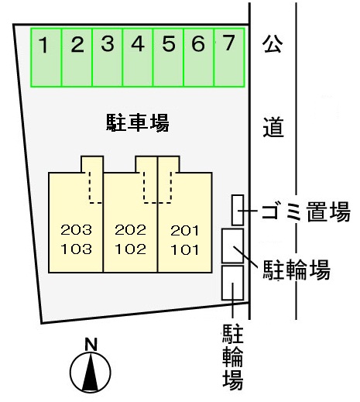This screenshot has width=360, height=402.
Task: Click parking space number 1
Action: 46,57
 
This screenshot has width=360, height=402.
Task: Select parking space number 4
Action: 138,57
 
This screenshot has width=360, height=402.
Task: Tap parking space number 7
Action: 229,57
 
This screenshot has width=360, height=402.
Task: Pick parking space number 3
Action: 108,57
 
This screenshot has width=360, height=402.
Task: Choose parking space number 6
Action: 199,57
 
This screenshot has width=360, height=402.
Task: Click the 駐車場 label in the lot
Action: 138,123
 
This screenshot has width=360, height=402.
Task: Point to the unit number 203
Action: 76,230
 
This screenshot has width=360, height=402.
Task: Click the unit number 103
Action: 76,249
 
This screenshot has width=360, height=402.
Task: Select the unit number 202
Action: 130,230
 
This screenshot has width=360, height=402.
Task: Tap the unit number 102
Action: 130,249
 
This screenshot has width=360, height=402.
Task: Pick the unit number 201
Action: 185,230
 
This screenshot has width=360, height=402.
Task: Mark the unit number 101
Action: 185,249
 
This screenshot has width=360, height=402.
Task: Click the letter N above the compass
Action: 91,345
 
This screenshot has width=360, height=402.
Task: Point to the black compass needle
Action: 91,373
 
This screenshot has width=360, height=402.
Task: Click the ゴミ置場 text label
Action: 306,211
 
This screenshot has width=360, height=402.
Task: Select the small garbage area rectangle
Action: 238,210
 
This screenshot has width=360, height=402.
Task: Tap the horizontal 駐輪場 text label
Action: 297,270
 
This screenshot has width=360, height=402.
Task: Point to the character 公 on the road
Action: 273,43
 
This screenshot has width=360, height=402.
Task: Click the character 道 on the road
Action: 273,127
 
